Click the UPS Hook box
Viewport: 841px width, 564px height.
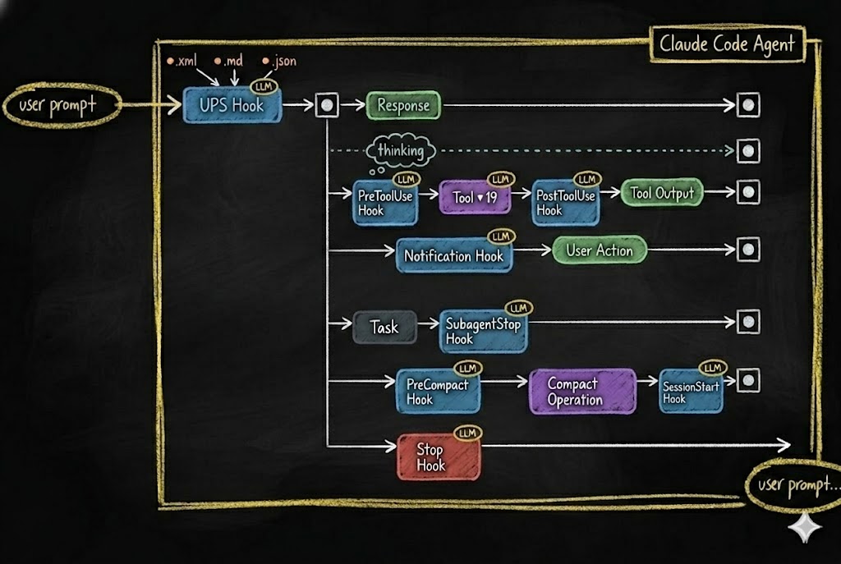tap(232, 105)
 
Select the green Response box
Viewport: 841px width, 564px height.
tap(402, 105)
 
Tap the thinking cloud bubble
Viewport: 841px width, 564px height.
tap(400, 151)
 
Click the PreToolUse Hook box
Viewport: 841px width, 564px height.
tap(384, 202)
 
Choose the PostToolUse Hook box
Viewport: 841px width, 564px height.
tap(565, 202)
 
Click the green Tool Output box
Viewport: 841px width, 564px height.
tap(662, 194)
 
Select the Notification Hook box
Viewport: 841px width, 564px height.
tap(453, 256)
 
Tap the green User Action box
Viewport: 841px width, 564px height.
tap(600, 250)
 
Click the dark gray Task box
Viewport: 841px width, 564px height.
tap(384, 327)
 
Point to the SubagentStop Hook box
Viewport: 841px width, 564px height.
tap(483, 330)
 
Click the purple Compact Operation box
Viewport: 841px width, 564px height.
tap(581, 392)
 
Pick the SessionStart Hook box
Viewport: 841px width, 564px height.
tap(691, 392)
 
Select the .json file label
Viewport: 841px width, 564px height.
tap(279, 62)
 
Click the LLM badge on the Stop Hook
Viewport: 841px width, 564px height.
tap(467, 433)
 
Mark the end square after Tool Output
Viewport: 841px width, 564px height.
tap(747, 192)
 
